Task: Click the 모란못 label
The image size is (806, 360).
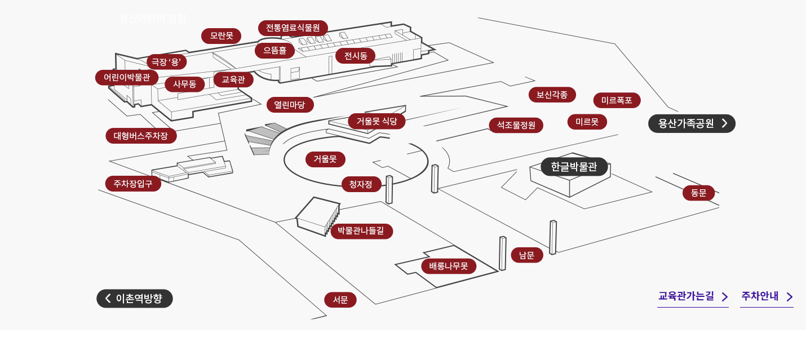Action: point(221,36)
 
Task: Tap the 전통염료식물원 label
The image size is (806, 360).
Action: point(293,28)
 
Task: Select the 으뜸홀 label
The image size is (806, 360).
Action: point(275,51)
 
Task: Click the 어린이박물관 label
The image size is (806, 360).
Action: point(127,78)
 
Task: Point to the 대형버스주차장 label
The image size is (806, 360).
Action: point(141,136)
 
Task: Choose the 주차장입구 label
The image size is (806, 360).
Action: point(133,184)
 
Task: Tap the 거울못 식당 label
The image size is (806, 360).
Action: point(377,121)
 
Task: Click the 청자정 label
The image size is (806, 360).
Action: point(361,184)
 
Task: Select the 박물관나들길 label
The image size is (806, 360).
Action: point(361,231)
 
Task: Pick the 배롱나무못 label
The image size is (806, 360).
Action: point(449,266)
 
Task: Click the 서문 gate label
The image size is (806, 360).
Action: point(340,300)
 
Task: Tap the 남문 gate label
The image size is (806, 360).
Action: point(526,255)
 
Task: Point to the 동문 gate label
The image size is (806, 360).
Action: point(698,193)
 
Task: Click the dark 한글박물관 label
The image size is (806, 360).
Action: point(574,167)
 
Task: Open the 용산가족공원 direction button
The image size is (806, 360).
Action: point(692,123)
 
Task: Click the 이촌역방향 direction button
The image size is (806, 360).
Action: point(135,299)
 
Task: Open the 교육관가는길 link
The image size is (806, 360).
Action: point(693,296)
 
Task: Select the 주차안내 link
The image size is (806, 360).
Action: point(767,296)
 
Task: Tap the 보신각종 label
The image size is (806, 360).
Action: point(552,95)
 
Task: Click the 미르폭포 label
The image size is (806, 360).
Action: point(617,100)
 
